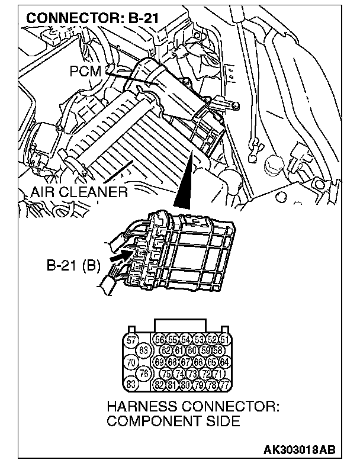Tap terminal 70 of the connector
tap(131, 361)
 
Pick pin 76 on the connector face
tap(143, 373)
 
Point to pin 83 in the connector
tap(131, 384)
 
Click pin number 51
tap(224, 339)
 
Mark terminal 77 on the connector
tap(224, 384)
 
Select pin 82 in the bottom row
tap(159, 384)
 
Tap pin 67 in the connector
tap(185, 362)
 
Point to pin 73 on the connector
tap(192, 373)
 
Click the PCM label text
tap(86, 71)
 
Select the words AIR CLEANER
tap(79, 192)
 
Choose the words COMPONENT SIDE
tap(173, 422)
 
